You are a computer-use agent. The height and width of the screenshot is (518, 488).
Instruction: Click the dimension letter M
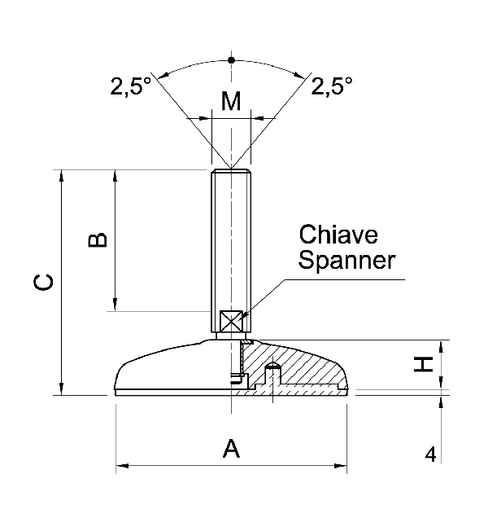point(232,101)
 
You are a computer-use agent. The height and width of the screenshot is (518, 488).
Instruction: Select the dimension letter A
point(232,448)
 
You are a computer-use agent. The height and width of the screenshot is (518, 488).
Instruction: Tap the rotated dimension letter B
point(98,239)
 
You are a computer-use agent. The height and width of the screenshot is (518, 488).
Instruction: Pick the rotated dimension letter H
point(423,366)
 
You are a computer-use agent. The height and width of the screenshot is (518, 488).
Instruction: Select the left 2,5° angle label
point(131,86)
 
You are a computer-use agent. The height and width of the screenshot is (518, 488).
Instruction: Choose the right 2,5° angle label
point(332,86)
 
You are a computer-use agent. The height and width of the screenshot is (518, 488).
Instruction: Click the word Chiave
point(339,235)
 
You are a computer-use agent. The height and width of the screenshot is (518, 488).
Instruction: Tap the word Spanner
point(347,261)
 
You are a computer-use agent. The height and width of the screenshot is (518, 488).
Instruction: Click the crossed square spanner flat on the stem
point(233,321)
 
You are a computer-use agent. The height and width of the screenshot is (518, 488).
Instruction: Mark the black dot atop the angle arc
point(232,60)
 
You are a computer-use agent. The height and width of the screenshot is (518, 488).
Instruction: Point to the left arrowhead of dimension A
point(123,467)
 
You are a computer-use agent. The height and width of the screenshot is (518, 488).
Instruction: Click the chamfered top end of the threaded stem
point(232,172)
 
